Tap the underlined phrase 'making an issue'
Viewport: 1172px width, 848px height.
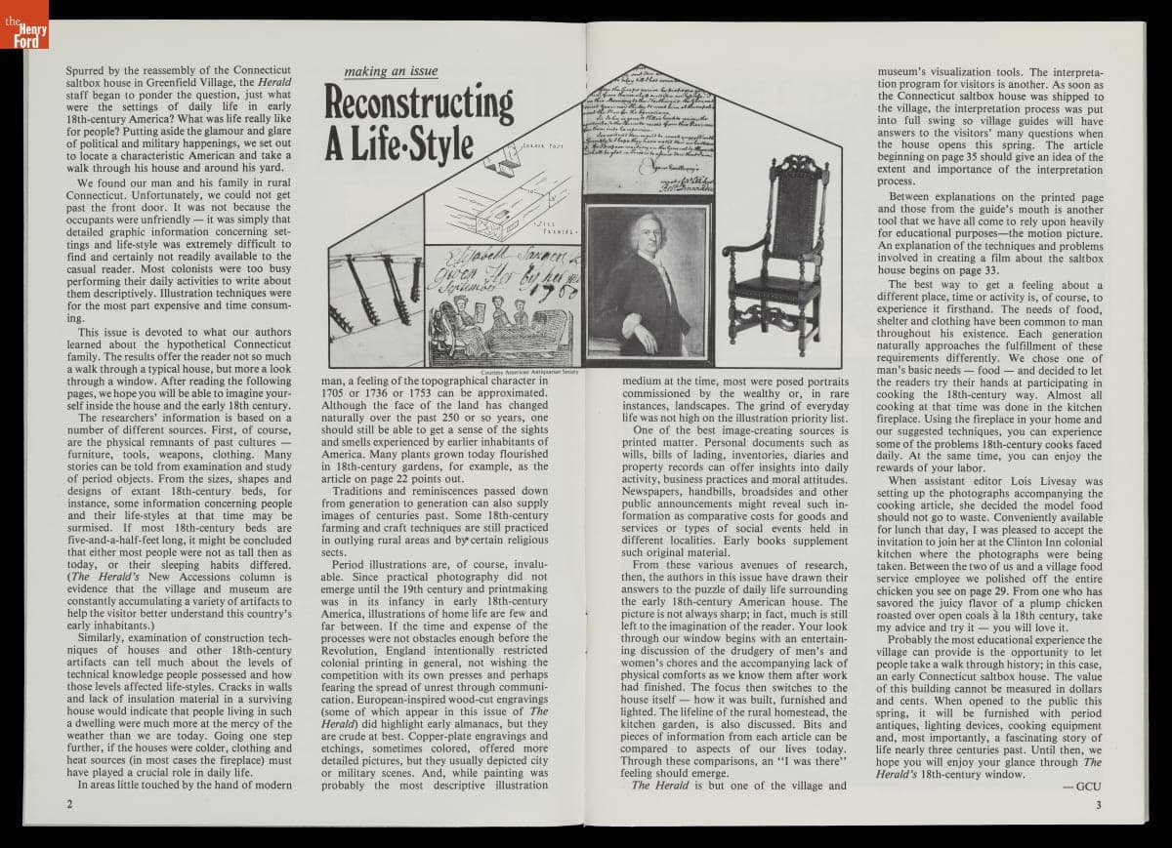(391, 71)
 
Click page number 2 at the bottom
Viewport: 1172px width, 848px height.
(69, 805)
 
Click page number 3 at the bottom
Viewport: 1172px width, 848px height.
(1098, 805)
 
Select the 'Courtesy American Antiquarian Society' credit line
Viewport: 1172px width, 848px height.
(531, 372)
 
